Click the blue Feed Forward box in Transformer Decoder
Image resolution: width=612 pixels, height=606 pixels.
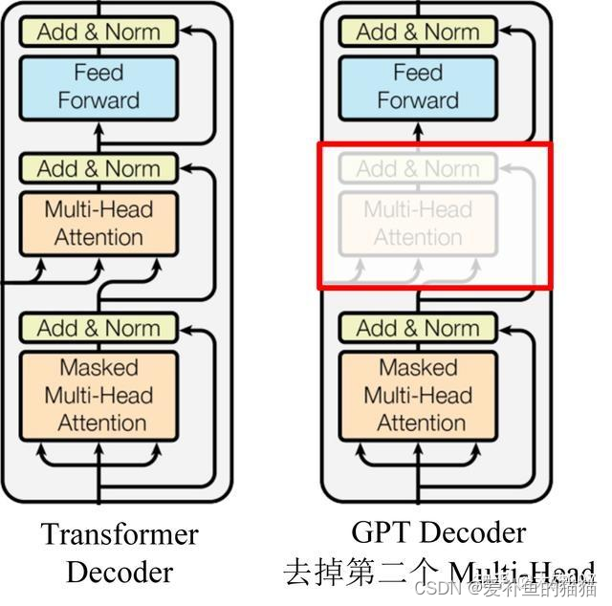(98, 86)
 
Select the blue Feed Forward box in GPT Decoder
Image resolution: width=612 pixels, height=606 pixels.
(418, 86)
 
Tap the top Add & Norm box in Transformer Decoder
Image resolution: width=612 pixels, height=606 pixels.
(98, 32)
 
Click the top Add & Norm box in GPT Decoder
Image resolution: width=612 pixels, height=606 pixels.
(418, 32)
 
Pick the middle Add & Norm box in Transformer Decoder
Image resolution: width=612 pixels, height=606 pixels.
(98, 169)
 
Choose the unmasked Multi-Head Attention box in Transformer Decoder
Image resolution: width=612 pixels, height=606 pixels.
(98, 223)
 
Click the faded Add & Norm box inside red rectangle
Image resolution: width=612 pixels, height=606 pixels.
(418, 169)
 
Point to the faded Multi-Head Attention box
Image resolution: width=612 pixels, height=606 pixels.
(418, 223)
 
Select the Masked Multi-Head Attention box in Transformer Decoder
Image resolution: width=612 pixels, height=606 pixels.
(98, 395)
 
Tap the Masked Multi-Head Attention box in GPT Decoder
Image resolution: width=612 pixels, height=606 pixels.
(418, 395)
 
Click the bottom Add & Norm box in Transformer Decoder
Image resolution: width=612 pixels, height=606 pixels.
(98, 328)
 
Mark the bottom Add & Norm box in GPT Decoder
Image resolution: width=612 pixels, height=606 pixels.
(418, 328)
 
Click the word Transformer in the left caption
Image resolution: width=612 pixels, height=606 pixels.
(120, 534)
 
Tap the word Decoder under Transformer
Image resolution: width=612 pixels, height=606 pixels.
(120, 572)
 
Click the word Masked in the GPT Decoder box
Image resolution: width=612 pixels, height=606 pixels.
(418, 367)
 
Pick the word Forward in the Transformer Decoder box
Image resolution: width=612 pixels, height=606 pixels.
(98, 99)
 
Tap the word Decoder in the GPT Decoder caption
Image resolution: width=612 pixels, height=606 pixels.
(469, 531)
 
